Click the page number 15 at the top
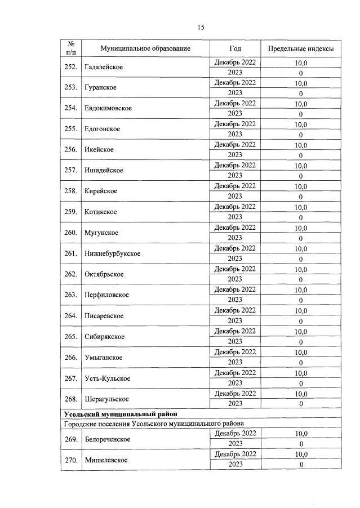point(200,26)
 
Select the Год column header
point(235,49)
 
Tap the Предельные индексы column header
point(300,49)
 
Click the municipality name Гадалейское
point(103,68)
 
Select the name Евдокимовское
point(108,109)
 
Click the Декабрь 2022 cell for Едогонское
point(235,124)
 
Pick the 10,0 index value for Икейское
point(301,145)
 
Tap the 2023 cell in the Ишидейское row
point(235,176)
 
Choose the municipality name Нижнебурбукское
point(112,253)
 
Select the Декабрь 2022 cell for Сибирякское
point(235,331)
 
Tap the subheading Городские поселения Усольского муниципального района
point(154,424)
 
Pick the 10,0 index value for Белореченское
point(301,434)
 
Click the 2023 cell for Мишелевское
point(235,465)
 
